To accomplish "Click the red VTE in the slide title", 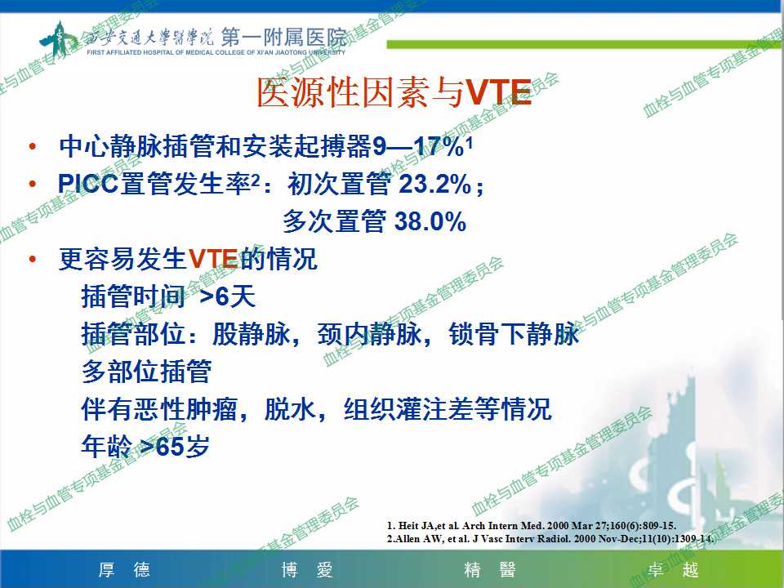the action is pos(498,93).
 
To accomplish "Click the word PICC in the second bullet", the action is pos(88,184).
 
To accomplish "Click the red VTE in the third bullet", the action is pos(213,259).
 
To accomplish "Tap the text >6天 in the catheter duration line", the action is pos(228,296).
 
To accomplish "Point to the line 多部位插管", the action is pos(146,372).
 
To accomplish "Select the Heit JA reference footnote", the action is pos(532,525).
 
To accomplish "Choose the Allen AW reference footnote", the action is pos(550,538).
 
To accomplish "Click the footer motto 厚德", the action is pos(124,570).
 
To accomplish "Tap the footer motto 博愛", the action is pos(307,570).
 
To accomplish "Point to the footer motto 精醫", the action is pos(490,570).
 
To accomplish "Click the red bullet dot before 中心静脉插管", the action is pos(33,146).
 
